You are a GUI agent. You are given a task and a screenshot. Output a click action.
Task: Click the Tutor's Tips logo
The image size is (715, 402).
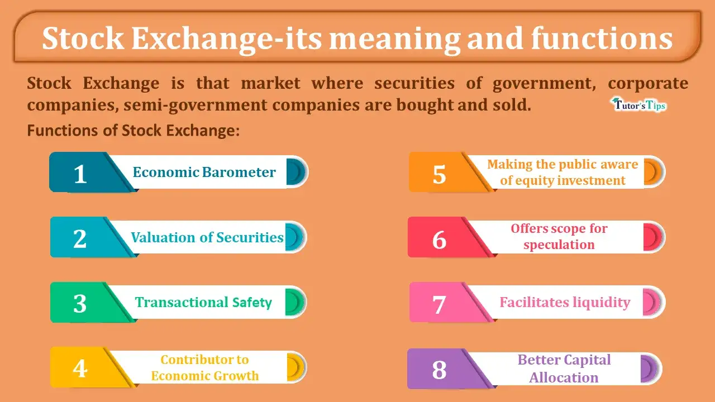638,104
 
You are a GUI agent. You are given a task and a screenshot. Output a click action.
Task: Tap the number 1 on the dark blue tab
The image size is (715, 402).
80,174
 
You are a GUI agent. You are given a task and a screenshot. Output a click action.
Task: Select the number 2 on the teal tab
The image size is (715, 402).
80,239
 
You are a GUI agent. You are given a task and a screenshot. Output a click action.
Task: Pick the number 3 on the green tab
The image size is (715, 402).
80,304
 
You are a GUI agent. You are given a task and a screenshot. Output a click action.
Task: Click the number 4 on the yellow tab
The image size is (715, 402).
80,368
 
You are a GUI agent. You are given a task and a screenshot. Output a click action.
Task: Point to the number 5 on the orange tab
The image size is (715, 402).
439,175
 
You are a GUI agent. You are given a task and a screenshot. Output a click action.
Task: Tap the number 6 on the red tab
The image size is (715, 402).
439,240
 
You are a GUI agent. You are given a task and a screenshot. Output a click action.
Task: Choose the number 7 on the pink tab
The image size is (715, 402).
439,305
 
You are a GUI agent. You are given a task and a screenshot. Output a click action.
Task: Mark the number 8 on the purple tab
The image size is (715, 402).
439,370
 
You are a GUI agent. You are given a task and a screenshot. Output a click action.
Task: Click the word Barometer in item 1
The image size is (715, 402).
239,173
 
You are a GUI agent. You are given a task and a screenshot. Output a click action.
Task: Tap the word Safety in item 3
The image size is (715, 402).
252,303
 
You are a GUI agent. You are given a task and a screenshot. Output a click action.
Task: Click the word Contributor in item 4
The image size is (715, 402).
197,360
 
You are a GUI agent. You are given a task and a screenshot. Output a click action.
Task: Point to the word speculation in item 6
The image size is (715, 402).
559,245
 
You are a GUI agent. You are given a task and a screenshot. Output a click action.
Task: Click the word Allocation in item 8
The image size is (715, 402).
564,378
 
